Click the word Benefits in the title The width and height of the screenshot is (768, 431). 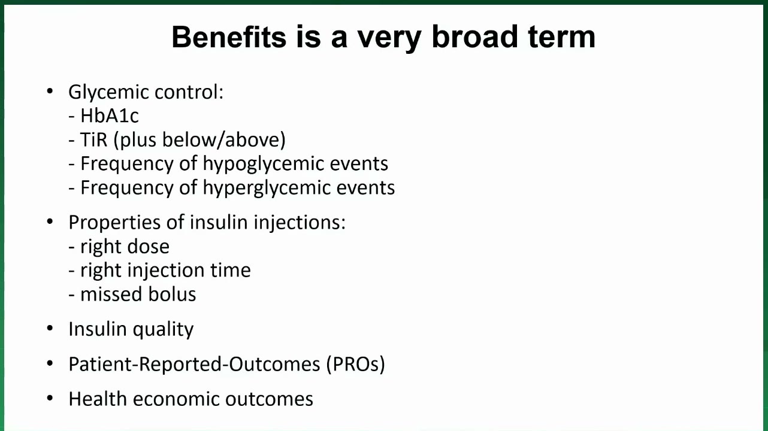pyautogui.click(x=229, y=37)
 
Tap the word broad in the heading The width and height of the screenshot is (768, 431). pyautogui.click(x=475, y=37)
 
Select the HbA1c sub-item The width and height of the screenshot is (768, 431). pyautogui.click(x=110, y=116)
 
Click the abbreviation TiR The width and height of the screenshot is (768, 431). pyautogui.click(x=93, y=139)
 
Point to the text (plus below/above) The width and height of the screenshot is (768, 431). pyautogui.click(x=199, y=140)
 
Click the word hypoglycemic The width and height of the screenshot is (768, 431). pyautogui.click(x=264, y=164)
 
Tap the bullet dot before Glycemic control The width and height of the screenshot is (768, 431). pyautogui.click(x=50, y=91)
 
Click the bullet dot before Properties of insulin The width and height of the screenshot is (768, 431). pyautogui.click(x=50, y=221)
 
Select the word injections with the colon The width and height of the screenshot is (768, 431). pyautogui.click(x=300, y=223)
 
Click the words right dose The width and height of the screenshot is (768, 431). pyautogui.click(x=125, y=247)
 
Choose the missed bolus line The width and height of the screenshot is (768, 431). pyautogui.click(x=132, y=295)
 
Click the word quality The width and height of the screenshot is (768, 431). pyautogui.click(x=163, y=330)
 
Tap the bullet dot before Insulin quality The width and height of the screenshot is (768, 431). pyautogui.click(x=50, y=328)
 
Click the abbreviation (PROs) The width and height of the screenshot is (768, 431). pyautogui.click(x=355, y=364)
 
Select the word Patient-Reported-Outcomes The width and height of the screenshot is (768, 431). pyautogui.click(x=195, y=364)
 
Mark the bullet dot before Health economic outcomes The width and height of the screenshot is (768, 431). pyautogui.click(x=50, y=398)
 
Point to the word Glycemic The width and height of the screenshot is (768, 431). pyautogui.click(x=108, y=93)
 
